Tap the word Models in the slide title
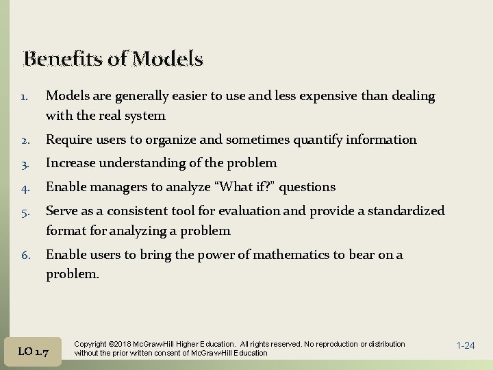pos(168,60)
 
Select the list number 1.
pos(24,97)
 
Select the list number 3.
pos(24,164)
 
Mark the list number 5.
pos(24,211)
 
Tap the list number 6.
pos(24,256)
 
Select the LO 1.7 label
pos(33,351)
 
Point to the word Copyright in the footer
pos(90,344)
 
